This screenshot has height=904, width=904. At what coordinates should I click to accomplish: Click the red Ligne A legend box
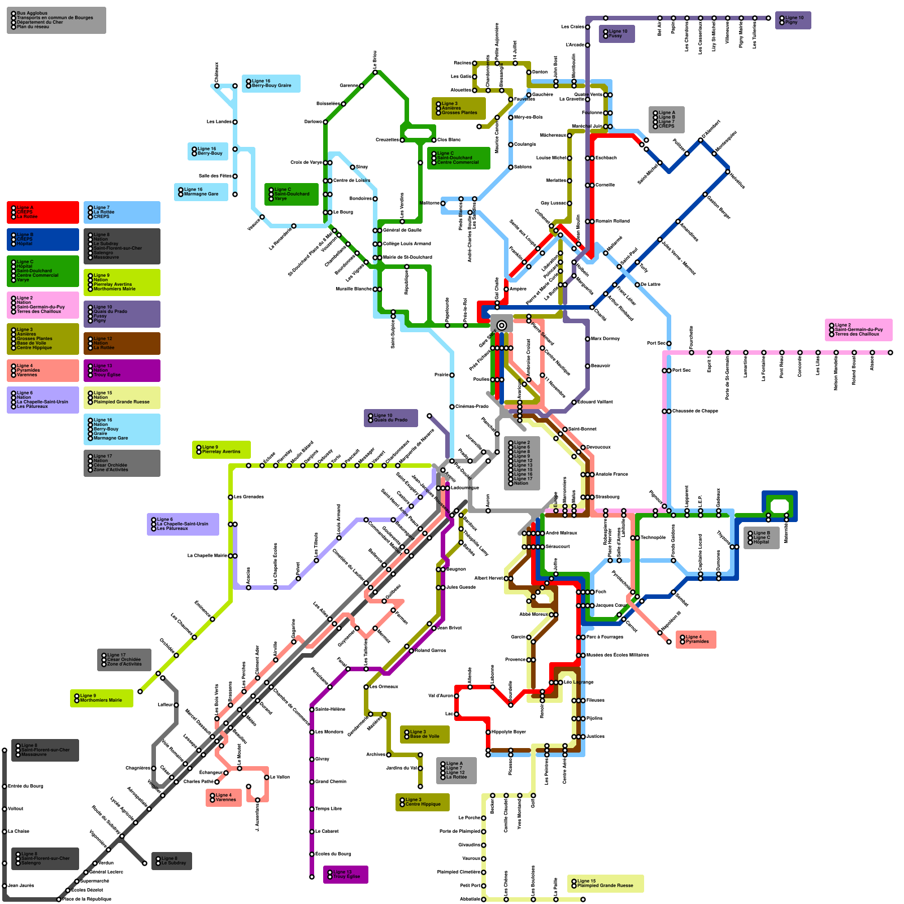[43, 212]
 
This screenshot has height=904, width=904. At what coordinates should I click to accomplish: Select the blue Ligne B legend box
[43, 240]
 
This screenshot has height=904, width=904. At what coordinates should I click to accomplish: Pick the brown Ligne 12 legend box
[122, 344]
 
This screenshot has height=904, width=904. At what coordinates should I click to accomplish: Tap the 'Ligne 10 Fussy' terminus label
[616, 34]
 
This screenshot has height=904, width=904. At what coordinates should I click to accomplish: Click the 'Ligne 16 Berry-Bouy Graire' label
[271, 84]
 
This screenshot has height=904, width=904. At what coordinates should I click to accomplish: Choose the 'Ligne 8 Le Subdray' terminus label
[172, 861]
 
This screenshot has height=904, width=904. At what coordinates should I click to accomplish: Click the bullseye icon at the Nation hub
[502, 325]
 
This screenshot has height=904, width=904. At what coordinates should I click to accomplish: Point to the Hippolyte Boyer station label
[508, 732]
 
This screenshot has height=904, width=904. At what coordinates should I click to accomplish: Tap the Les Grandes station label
[249, 497]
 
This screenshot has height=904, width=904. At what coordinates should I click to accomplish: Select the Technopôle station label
[653, 538]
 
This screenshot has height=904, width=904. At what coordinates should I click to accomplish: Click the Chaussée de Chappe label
[695, 411]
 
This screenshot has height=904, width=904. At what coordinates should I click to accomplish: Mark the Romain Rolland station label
[612, 221]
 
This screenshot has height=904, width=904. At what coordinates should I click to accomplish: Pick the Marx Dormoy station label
[605, 339]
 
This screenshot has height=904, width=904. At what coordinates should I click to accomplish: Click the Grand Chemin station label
[331, 782]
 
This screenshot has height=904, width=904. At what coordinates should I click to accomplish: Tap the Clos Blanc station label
[449, 140]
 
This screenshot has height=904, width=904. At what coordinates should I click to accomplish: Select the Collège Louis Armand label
[407, 244]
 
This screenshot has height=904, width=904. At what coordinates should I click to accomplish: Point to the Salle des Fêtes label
[215, 176]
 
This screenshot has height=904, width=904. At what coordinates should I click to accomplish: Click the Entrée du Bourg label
[25, 786]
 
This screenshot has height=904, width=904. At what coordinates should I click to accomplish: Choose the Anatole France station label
[611, 475]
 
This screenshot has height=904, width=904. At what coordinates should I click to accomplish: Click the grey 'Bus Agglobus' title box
[56, 20]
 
